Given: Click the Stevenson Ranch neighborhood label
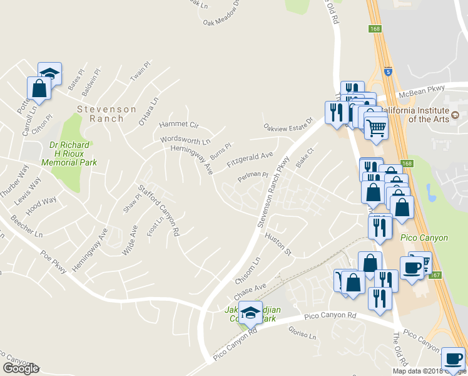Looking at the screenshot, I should (106, 113).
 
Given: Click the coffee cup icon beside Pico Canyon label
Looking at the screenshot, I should (412, 268).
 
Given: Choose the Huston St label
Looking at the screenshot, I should (278, 244).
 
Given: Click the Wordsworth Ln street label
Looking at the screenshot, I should (185, 140).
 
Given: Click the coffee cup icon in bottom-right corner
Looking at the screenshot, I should (454, 358).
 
